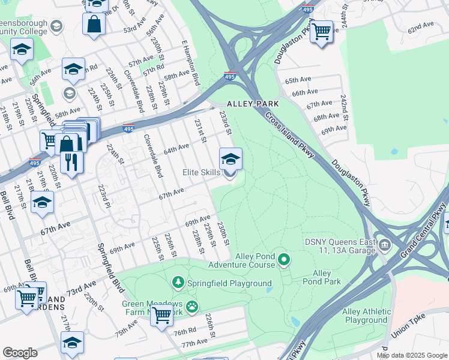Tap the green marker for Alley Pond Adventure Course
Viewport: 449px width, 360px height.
pos(284,260)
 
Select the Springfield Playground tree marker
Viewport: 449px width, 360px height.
pos(178,281)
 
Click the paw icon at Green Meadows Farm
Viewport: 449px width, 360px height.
pos(191,307)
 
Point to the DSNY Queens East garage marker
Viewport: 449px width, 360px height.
pos(384,244)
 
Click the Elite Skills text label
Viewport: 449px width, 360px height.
pos(201,173)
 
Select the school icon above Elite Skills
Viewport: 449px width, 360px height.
pos(231,159)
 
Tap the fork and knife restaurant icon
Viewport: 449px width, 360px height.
pos(71,161)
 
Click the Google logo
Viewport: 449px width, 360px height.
pos(20,353)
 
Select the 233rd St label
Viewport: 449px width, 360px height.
pos(225,122)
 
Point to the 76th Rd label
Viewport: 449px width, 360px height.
pos(185,331)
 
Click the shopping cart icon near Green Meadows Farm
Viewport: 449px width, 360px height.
pos(161,314)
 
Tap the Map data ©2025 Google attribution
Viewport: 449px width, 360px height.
pos(412,355)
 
